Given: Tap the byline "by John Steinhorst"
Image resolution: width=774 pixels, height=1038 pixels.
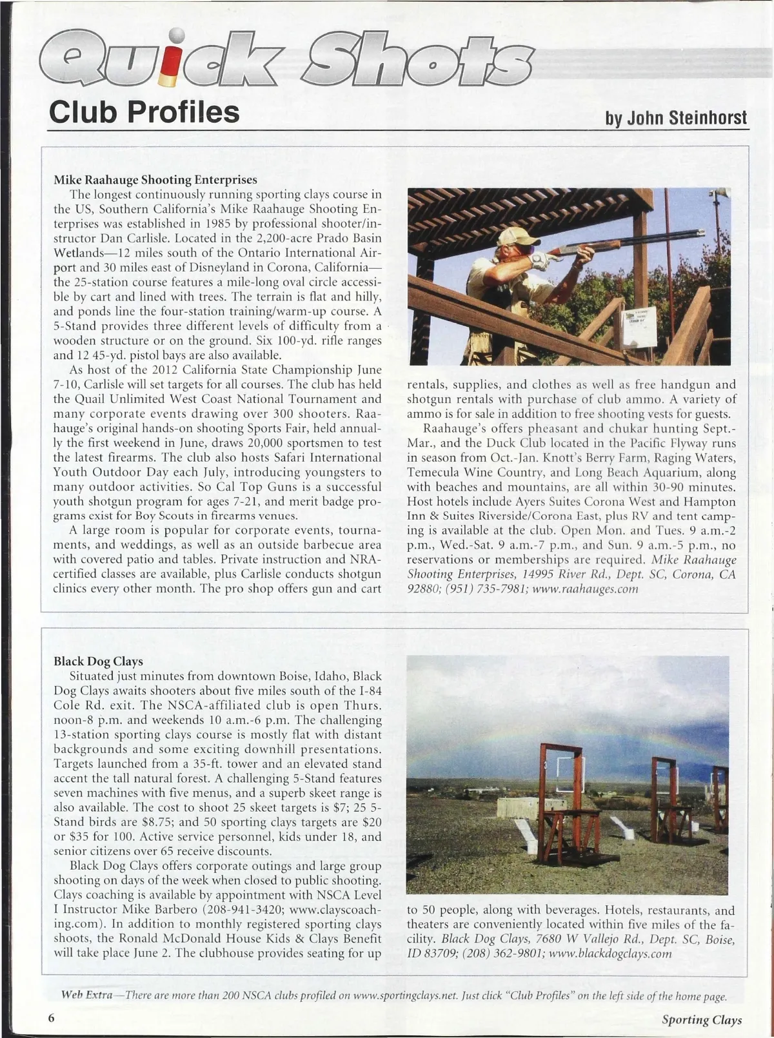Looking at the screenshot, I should point(675,118).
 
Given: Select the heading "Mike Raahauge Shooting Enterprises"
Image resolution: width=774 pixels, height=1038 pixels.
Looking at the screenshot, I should point(155,179).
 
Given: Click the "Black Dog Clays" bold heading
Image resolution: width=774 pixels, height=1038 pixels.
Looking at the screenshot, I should point(98,661).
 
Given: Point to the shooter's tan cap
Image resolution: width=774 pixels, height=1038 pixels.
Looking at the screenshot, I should point(511,236).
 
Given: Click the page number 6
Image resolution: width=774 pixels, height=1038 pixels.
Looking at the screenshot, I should point(50,1019).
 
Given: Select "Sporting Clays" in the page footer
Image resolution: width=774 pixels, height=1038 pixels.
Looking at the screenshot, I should point(702,1020).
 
